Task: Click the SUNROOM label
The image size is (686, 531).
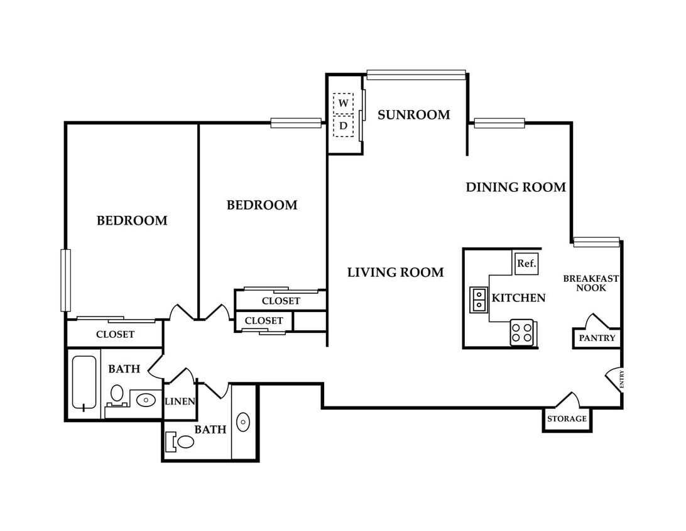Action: (413, 115)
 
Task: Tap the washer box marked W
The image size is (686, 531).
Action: (343, 103)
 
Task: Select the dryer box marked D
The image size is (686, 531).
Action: (343, 126)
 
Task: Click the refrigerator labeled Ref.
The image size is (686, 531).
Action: (526, 264)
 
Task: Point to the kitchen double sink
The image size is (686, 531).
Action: (479, 299)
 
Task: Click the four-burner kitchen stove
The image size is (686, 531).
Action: (522, 333)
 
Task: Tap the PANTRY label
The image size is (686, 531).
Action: (597, 338)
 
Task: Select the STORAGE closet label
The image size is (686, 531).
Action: (567, 419)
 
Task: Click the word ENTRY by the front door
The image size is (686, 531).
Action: (622, 379)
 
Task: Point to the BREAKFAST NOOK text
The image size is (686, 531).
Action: (591, 283)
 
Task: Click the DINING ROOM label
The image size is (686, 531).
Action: (516, 187)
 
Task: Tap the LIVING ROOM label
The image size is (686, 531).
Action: (396, 272)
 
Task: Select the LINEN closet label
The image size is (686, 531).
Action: (180, 401)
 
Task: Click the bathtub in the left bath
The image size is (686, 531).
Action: (84, 383)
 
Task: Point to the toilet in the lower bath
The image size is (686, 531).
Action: (181, 442)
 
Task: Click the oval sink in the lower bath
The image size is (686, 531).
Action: (243, 422)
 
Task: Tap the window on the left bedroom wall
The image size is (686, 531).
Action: (65, 281)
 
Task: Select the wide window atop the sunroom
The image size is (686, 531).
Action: (416, 75)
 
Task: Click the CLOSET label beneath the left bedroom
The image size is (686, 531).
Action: (115, 334)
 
